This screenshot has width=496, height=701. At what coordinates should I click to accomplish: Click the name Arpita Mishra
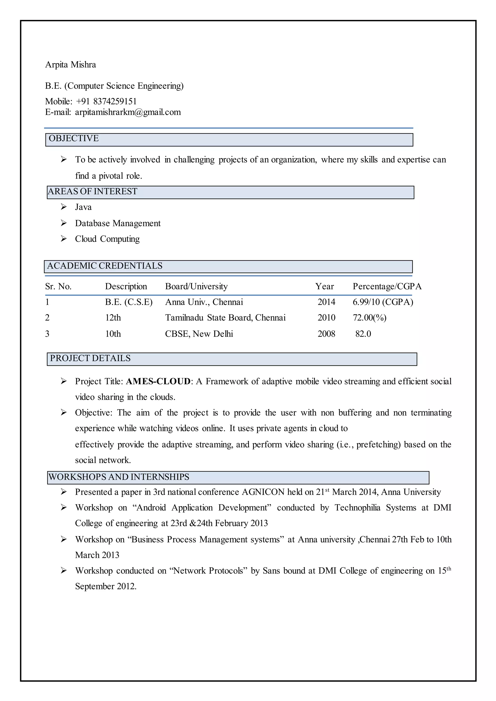click(70, 65)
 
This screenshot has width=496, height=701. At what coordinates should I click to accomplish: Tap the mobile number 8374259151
click(115, 101)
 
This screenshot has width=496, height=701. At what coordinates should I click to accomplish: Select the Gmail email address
click(128, 112)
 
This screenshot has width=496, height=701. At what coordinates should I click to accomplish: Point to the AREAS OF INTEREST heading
click(93, 191)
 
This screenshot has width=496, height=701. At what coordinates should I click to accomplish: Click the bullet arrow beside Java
click(63, 207)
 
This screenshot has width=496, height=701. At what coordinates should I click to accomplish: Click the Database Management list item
click(118, 223)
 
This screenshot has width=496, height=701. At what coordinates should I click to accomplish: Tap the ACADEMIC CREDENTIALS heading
click(105, 266)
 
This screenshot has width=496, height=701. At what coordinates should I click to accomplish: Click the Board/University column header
click(196, 286)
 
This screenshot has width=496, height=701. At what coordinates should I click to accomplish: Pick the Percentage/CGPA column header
click(387, 286)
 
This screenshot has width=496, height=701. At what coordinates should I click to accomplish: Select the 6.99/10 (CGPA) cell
click(383, 302)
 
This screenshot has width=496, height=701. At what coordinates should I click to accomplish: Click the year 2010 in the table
click(326, 318)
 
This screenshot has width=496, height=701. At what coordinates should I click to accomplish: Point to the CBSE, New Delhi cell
click(199, 334)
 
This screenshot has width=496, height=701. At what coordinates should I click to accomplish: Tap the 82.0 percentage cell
click(363, 334)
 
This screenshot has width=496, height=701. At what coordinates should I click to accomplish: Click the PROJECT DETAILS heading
click(90, 358)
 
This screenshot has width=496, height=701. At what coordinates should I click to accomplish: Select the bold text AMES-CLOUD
click(158, 381)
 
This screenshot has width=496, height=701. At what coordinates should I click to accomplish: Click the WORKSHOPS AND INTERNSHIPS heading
click(119, 477)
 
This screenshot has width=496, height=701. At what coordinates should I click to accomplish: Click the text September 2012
click(105, 586)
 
